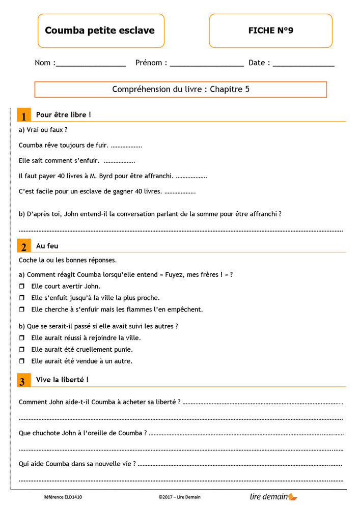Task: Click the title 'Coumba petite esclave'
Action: [x=100, y=31]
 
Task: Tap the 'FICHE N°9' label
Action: [x=270, y=31]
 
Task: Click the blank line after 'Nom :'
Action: [x=91, y=64]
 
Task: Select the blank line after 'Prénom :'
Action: [x=207, y=64]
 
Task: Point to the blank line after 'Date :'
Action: [x=303, y=64]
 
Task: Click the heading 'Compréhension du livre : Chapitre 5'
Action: [x=181, y=90]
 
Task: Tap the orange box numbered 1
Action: [x=24, y=116]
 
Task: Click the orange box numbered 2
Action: [x=24, y=247]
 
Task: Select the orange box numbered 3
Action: [x=24, y=381]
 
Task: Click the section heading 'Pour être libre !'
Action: [x=64, y=115]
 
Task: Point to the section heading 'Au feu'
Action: [x=47, y=246]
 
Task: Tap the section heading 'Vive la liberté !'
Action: [x=62, y=380]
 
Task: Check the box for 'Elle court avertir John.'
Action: [x=22, y=287]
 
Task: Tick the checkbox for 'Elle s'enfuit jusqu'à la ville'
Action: [x=22, y=298]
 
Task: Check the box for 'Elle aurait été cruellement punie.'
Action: [x=22, y=350]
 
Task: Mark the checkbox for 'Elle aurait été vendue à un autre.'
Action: [x=22, y=361]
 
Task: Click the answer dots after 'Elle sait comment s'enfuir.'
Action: [x=119, y=161]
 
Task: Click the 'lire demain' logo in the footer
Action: [x=273, y=497]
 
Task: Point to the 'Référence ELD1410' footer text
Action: [x=63, y=497]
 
